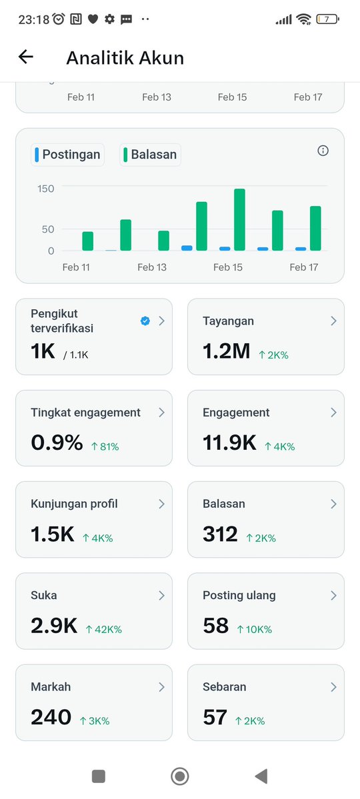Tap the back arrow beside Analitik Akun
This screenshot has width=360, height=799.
pyautogui.click(x=26, y=57)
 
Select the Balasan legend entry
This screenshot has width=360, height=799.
pyautogui.click(x=151, y=155)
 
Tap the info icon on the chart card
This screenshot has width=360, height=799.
pyautogui.click(x=323, y=151)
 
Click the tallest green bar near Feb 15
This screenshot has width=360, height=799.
pyautogui.click(x=239, y=219)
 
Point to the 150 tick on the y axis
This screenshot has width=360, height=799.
pyautogui.click(x=46, y=189)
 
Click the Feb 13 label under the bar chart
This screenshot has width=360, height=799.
pyautogui.click(x=152, y=267)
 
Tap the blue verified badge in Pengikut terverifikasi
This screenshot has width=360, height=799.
pyautogui.click(x=145, y=321)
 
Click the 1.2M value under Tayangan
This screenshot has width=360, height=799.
pyautogui.click(x=226, y=351)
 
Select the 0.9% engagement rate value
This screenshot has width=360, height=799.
pyautogui.click(x=57, y=442)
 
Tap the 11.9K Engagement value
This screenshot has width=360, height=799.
pyautogui.click(x=229, y=442)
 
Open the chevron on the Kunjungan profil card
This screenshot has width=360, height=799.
pyautogui.click(x=161, y=504)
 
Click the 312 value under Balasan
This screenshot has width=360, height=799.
pyautogui.click(x=220, y=534)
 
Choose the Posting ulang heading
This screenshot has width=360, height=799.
pyautogui.click(x=239, y=595)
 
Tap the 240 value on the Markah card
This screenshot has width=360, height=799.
pyautogui.click(x=51, y=717)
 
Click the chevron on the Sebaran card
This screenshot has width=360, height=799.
pyautogui.click(x=333, y=686)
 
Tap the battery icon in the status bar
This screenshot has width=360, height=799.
pyautogui.click(x=327, y=19)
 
